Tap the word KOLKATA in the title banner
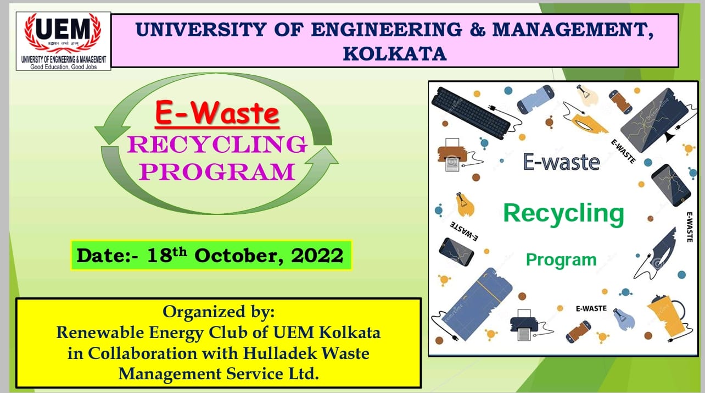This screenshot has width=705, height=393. tap(394, 53)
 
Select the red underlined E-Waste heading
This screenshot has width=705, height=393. tap(217, 114)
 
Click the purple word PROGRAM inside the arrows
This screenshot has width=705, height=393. tap(217, 171)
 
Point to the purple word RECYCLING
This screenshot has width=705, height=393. tap(217, 145)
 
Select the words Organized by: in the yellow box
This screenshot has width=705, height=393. tap(218, 312)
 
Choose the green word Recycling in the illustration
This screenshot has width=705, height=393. tap(563, 213)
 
